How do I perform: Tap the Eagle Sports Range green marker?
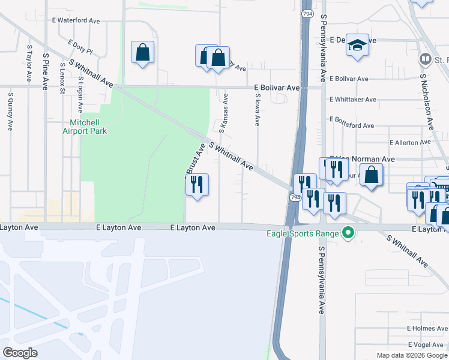[347, 233]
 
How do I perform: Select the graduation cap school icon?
[357, 46]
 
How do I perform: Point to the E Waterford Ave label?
[76, 20]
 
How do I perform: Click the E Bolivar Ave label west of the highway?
[276, 88]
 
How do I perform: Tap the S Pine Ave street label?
[46, 71]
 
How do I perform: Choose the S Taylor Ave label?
[28, 62]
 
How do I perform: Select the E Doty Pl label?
[81, 46]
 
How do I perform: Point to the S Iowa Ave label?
[257, 109]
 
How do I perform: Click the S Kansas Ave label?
[222, 113]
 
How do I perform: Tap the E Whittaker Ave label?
[353, 100]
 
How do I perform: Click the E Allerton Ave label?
[410, 143]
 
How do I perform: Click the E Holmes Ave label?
[427, 329]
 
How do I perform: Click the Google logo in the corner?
[20, 353]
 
